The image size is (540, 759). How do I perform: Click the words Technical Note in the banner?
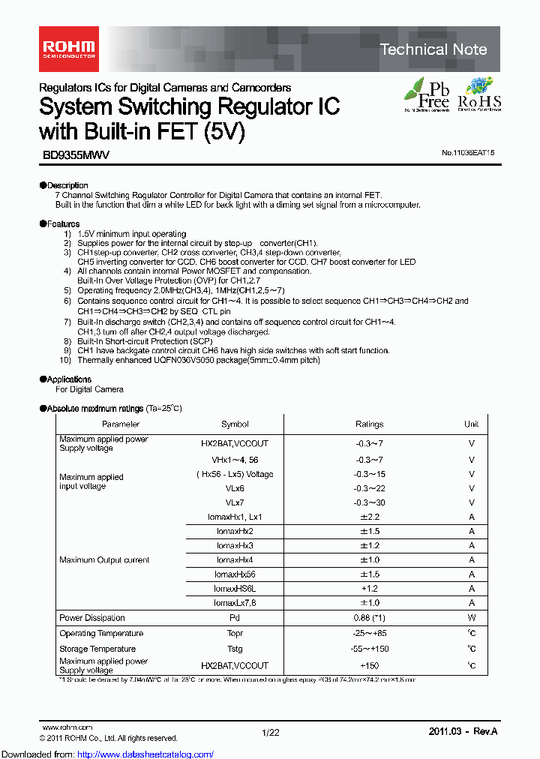pyautogui.click(x=433, y=49)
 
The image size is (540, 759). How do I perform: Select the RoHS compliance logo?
pyautogui.click(x=478, y=94)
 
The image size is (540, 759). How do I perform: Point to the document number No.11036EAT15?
pyautogui.click(x=468, y=152)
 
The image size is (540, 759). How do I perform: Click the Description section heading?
pyautogui.click(x=67, y=185)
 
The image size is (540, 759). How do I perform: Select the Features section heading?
pyautogui.click(x=62, y=223)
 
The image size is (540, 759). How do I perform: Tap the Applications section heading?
pyautogui.click(x=68, y=379)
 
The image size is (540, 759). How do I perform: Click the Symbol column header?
pyautogui.click(x=235, y=424)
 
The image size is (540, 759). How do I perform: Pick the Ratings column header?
pyautogui.click(x=369, y=424)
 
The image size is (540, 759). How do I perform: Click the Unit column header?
pyautogui.click(x=471, y=424)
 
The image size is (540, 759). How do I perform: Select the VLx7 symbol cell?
pyautogui.click(x=235, y=502)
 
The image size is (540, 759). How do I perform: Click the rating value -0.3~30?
pyautogui.click(x=369, y=502)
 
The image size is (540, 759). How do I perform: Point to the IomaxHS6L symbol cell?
pyautogui.click(x=235, y=589)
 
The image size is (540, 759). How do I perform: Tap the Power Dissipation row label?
pyautogui.click(x=92, y=618)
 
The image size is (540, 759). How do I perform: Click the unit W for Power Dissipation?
pyautogui.click(x=471, y=618)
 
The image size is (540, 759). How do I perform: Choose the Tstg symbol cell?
pyautogui.click(x=235, y=648)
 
